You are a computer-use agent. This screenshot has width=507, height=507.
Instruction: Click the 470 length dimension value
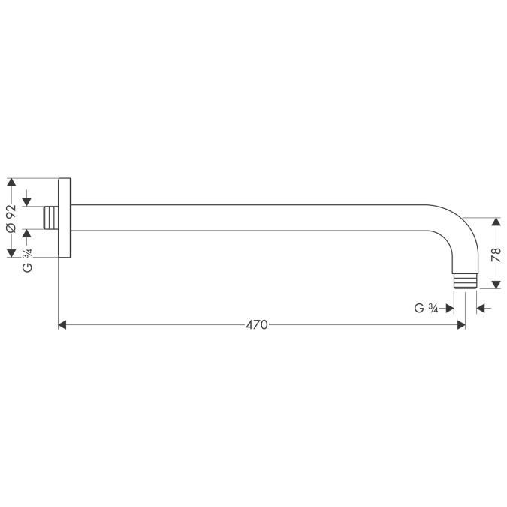tap(257, 325)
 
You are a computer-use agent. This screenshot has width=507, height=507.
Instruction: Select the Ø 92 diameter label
tap(11, 218)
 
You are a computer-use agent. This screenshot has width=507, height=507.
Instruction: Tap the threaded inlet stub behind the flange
tap(51, 218)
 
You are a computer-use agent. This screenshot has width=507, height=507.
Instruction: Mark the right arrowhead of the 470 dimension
tap(460, 325)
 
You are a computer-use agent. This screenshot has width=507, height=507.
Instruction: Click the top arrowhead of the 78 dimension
tap(495, 223)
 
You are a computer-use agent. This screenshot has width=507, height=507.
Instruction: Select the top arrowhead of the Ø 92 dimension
tap(11, 183)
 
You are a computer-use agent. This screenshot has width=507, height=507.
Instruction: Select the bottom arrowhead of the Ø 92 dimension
tap(11, 253)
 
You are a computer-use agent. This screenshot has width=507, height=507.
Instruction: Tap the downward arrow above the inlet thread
tap(27, 201)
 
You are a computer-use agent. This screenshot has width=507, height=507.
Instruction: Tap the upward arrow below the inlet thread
tap(27, 234)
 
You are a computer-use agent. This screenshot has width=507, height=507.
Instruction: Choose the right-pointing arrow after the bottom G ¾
tap(448, 307)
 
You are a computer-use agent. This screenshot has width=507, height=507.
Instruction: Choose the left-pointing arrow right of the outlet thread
tap(481, 307)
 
